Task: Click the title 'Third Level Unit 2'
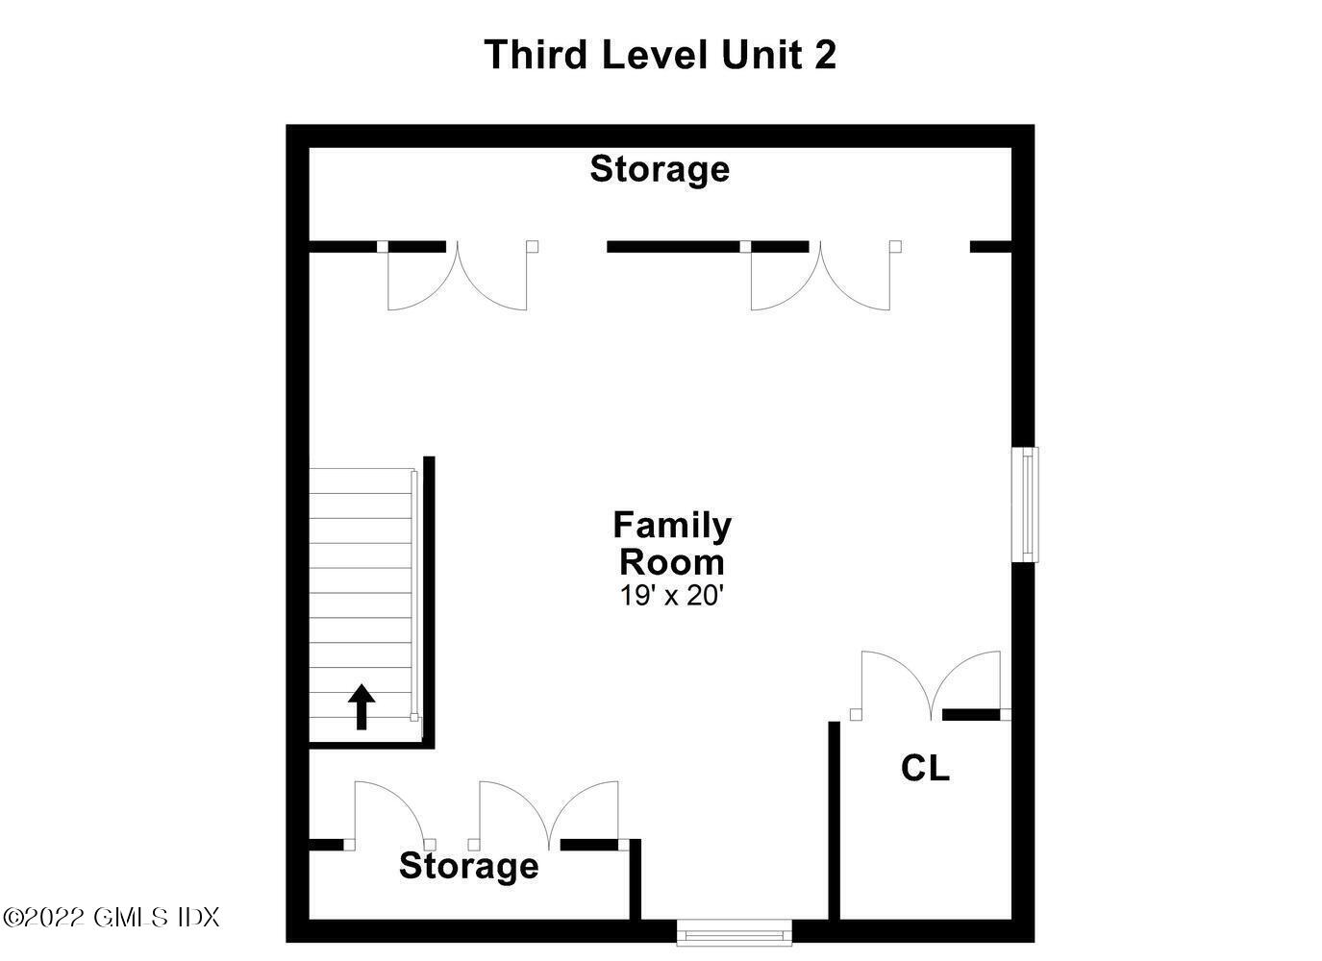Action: [660, 55]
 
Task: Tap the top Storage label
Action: [660, 169]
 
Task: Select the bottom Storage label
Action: [468, 866]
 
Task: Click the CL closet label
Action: [925, 768]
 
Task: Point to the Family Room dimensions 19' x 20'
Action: [672, 596]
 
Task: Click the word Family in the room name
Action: [672, 526]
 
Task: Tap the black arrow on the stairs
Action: [362, 706]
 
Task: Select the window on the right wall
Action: [1025, 505]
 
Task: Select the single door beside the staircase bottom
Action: [390, 816]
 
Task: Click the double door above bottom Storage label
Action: [549, 816]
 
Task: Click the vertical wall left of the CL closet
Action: [834, 828]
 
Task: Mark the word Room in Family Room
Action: [672, 562]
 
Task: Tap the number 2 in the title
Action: [826, 55]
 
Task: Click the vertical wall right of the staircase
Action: [429, 603]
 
